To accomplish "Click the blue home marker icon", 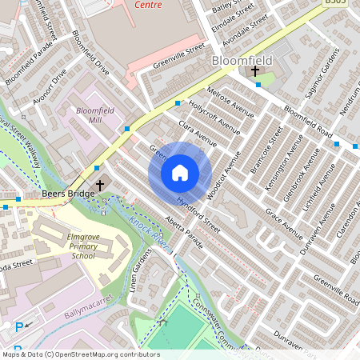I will (180, 173).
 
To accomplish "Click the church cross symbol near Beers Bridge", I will (99, 186).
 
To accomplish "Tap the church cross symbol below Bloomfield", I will (255, 72).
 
